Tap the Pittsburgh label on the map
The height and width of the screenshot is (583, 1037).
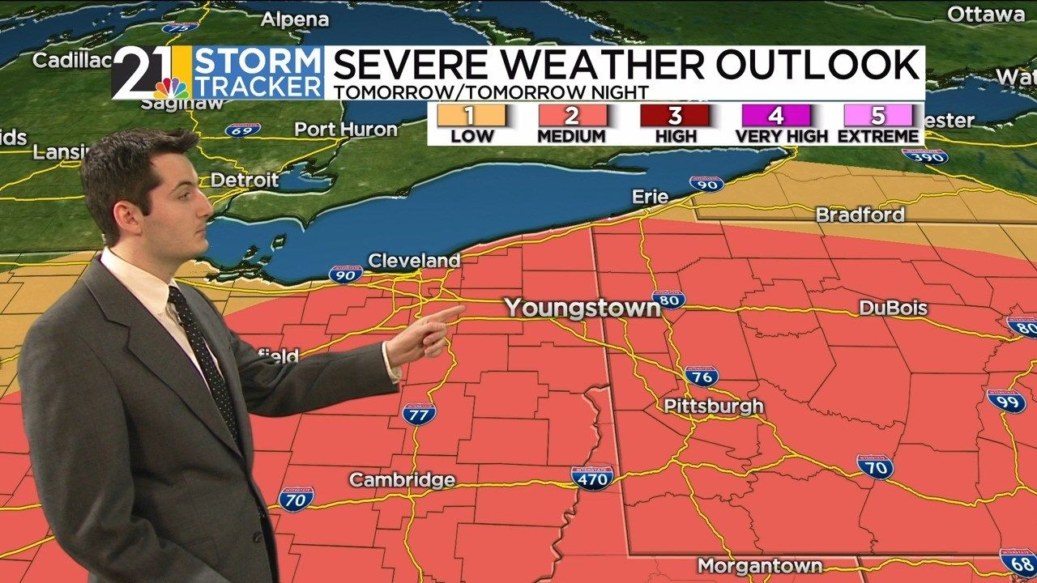click(714, 406)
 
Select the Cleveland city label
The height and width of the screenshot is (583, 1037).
click(413, 261)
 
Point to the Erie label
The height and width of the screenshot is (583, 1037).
click(651, 197)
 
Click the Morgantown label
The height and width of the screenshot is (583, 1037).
click(760, 565)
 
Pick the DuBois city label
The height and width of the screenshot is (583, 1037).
click(894, 309)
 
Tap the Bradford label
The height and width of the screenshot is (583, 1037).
click(860, 215)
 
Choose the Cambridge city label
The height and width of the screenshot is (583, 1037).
click(402, 479)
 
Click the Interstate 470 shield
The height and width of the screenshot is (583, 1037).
click(591, 478)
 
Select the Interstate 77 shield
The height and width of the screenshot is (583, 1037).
click(419, 413)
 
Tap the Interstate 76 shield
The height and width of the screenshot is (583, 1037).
click(701, 375)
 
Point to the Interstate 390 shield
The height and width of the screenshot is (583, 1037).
click(924, 156)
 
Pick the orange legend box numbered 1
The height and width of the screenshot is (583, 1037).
click(472, 115)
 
